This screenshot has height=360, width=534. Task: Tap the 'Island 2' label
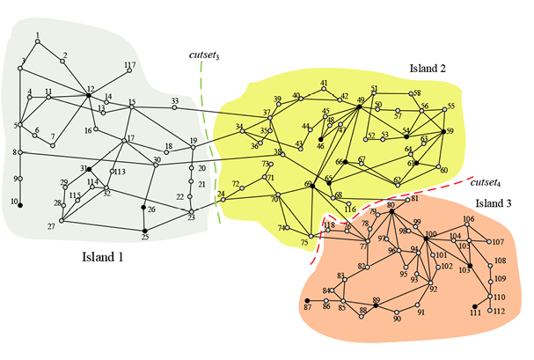click(x=428, y=67)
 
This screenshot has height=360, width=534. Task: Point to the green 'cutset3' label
click(x=204, y=55)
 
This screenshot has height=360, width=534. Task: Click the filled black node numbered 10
click(x=20, y=205)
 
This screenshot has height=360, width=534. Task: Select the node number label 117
click(x=129, y=65)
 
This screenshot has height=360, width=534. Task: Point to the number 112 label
click(x=499, y=312)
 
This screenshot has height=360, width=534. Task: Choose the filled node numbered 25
click(x=144, y=231)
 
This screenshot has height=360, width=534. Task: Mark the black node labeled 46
click(x=320, y=139)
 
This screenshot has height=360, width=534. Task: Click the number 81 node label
click(x=413, y=200)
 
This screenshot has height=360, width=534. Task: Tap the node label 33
click(x=175, y=100)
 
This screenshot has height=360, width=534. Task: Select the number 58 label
click(x=417, y=93)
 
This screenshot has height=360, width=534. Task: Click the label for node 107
click(x=499, y=242)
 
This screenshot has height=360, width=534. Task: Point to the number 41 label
click(x=324, y=83)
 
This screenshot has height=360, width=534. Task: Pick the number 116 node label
click(x=351, y=209)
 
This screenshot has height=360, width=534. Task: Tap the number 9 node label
click(x=16, y=179)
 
